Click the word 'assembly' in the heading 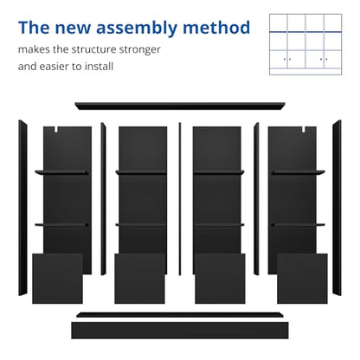click(137, 29)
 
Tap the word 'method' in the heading click(216, 28)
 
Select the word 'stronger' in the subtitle click(140, 50)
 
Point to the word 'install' click(99, 67)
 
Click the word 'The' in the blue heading click(34, 28)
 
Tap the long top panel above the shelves click(180, 106)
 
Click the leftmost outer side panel click(22, 208)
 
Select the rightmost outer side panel click(337, 208)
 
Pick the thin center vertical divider click(180, 199)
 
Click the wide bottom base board click(180, 331)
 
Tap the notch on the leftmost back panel click(56, 129)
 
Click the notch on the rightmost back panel click(304, 129)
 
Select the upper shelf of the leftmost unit click(61, 172)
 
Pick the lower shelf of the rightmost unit click(298, 224)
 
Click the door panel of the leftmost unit click(58, 279)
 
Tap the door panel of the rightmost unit click(302, 279)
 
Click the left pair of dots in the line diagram click(287, 59)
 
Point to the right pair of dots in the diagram click(324, 59)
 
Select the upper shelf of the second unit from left click(141, 172)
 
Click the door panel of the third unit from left click(220, 279)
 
